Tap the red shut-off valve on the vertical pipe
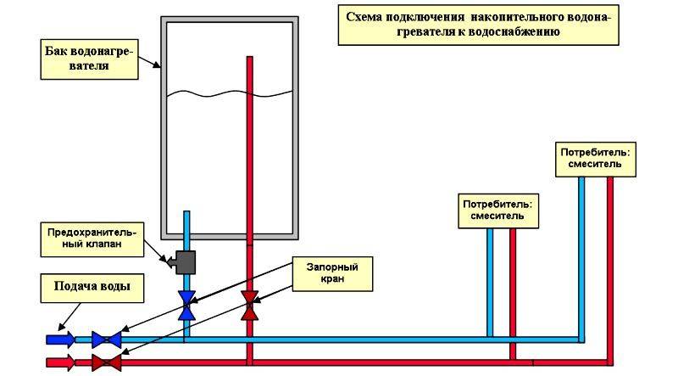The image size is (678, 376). [x=250, y=306]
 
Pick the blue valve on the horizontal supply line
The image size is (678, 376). [x=106, y=340]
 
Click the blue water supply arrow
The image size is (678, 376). [x=59, y=340]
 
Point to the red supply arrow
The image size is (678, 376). [x=59, y=362]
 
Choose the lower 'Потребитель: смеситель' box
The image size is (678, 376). [x=503, y=210]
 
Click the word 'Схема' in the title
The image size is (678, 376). [x=366, y=16]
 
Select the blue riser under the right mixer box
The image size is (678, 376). [x=581, y=255]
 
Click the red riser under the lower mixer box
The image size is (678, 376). [x=512, y=280]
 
